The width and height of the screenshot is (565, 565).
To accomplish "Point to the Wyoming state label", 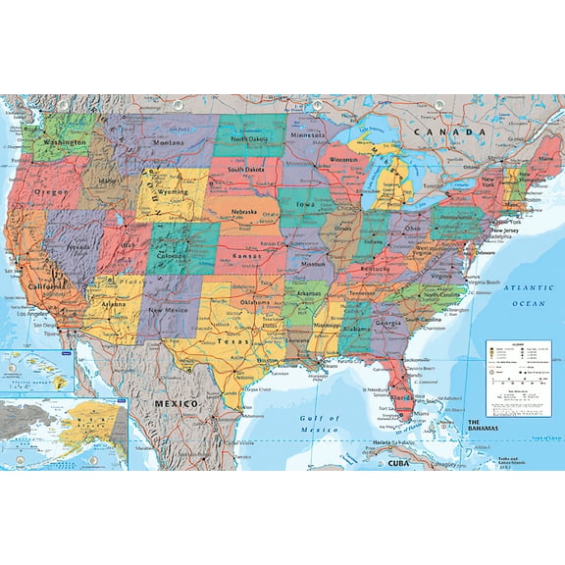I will pyautogui.click(x=174, y=194).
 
